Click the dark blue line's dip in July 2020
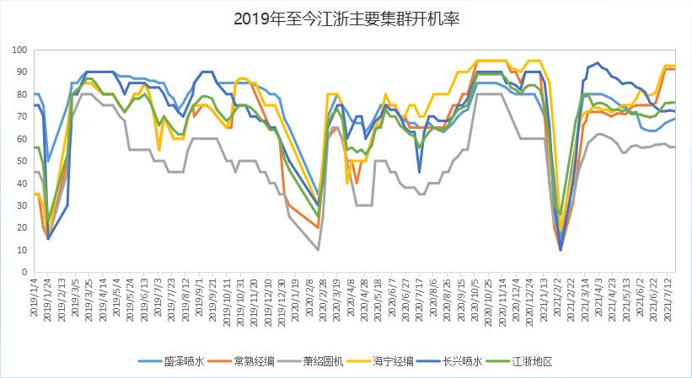coord(419,172)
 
